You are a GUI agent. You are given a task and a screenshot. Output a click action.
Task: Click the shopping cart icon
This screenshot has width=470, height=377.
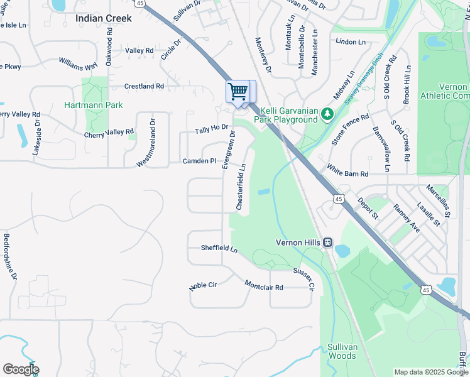click(x=238, y=92)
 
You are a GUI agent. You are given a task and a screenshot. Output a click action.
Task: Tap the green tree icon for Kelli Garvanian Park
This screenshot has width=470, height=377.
click(x=327, y=114)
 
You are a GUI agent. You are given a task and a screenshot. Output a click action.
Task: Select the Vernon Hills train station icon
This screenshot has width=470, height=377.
click(x=327, y=243)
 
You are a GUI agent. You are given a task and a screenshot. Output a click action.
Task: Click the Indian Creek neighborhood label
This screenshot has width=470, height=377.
click(x=104, y=18)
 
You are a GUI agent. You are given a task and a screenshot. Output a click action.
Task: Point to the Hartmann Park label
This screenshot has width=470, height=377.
click(x=94, y=105)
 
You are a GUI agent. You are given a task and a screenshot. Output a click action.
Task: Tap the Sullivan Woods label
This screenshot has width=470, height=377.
click(x=342, y=351)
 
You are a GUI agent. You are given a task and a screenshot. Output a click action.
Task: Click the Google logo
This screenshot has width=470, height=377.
click(x=21, y=369)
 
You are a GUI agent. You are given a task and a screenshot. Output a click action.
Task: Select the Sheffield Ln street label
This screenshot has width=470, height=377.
click(x=219, y=249)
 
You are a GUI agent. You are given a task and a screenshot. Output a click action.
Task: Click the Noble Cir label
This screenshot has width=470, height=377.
click(x=203, y=286)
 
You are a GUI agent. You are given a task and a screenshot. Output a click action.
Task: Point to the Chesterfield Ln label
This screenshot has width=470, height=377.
click(x=241, y=187)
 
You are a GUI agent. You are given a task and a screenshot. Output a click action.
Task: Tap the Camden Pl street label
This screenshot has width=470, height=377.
click(x=199, y=161)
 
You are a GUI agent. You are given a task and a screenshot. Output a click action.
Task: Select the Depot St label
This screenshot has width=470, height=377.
click(x=368, y=208)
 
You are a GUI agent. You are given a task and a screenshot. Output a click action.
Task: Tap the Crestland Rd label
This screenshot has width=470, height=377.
click(x=144, y=86)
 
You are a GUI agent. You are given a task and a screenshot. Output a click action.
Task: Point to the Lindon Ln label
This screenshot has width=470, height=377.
click(x=351, y=41)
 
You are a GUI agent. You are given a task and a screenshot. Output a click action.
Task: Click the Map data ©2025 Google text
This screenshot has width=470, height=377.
click(x=430, y=372)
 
